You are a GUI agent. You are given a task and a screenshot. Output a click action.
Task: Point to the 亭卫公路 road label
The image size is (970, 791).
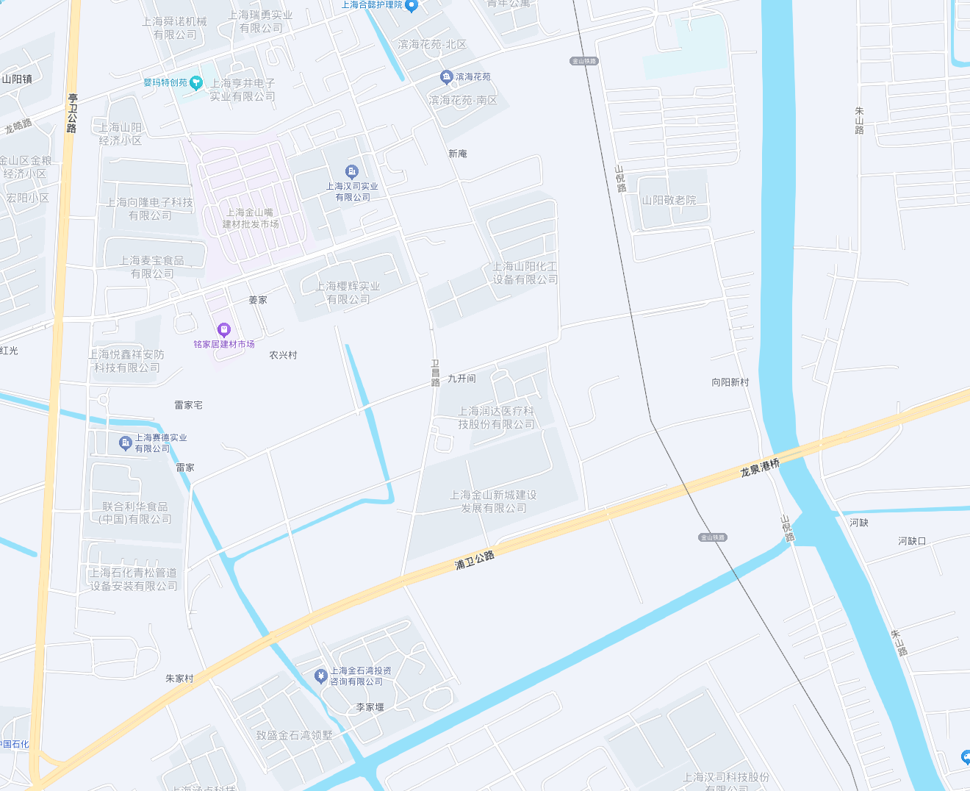click(x=72, y=112)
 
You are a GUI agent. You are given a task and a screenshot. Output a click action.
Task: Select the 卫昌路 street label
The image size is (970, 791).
click(x=435, y=373)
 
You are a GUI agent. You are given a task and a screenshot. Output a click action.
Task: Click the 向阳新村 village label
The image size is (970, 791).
click(x=730, y=382)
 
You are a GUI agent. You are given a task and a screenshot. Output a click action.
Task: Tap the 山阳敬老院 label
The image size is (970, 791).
click(x=669, y=200)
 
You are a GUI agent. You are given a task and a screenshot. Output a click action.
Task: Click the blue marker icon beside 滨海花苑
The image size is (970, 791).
click(x=446, y=77)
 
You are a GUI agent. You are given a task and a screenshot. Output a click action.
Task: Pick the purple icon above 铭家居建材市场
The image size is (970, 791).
click(x=224, y=330)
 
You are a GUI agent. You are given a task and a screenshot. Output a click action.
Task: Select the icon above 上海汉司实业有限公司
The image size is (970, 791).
click(x=352, y=172)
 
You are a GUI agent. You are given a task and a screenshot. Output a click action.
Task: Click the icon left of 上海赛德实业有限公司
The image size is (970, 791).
click(x=125, y=443)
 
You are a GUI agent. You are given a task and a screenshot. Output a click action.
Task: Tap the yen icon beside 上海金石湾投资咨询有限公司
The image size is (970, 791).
click(x=320, y=676)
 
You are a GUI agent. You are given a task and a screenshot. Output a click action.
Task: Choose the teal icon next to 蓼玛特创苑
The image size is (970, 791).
click(x=196, y=83)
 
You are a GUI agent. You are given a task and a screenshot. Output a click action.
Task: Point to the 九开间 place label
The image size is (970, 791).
click(x=461, y=379)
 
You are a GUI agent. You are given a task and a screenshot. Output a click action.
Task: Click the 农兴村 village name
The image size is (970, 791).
click(x=283, y=355)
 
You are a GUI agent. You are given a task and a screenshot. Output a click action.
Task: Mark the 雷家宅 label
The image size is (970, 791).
click(x=188, y=405)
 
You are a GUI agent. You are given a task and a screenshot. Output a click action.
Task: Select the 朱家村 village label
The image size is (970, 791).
click(x=179, y=679)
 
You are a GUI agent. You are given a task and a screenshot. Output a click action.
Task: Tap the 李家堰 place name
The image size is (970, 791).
click(x=370, y=707)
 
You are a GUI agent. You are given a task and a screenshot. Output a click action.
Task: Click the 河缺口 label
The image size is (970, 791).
click(x=912, y=541)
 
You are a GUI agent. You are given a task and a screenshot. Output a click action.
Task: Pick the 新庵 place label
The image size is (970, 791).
click(x=457, y=154)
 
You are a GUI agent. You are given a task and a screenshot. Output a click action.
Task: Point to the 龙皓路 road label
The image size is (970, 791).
click(x=18, y=126)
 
